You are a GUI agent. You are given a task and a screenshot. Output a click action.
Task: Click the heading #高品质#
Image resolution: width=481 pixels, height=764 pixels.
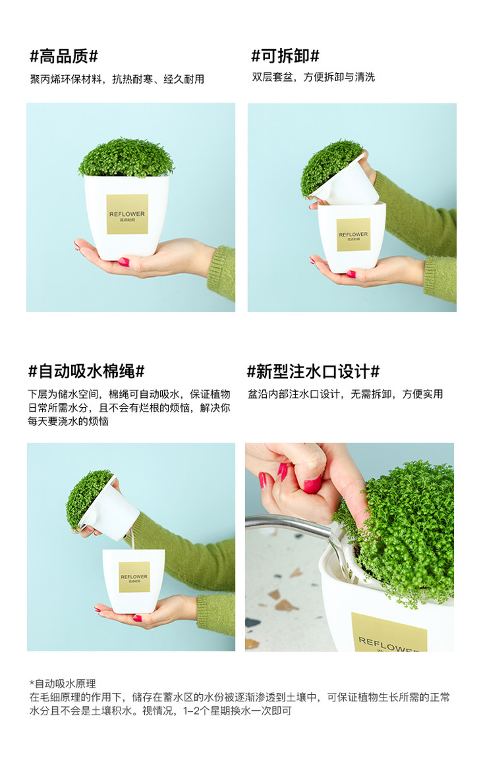click(x=64, y=57)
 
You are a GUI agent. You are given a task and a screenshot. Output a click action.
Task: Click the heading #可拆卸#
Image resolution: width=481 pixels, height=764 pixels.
click(x=285, y=56)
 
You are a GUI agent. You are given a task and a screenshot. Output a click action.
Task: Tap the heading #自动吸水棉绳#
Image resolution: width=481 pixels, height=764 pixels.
click(x=86, y=371)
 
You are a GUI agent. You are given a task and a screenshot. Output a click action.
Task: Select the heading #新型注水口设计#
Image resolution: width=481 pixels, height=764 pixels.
click(x=314, y=371)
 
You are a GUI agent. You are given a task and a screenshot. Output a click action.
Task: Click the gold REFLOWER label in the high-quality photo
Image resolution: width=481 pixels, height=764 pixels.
click(x=127, y=214)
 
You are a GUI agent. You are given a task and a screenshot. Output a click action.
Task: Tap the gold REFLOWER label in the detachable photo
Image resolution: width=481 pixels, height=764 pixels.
click(x=353, y=234)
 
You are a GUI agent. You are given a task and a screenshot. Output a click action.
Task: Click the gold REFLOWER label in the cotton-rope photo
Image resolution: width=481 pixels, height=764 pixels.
click(x=134, y=577)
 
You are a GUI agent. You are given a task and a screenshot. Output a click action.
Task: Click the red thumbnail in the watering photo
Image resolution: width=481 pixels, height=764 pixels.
click(x=312, y=484)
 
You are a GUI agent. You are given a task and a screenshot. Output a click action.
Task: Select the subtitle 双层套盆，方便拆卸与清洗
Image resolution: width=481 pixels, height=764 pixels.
click(x=314, y=77)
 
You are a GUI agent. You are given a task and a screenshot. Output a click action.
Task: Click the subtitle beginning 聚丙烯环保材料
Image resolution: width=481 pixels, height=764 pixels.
click(x=117, y=79)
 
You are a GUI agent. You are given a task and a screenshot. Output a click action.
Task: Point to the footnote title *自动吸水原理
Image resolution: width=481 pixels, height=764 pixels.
click(x=63, y=683)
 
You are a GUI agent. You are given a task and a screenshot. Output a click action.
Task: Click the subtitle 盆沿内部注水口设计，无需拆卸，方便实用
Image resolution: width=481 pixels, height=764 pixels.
click(x=345, y=394)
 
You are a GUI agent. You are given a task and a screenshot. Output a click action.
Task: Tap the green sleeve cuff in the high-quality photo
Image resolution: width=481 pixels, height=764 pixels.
click(x=222, y=272)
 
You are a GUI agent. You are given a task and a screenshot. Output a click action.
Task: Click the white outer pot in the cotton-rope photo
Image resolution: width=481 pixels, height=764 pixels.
click(x=134, y=580)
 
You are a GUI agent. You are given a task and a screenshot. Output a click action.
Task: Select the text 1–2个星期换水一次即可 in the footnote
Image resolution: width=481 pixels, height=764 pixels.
click(x=237, y=711)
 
